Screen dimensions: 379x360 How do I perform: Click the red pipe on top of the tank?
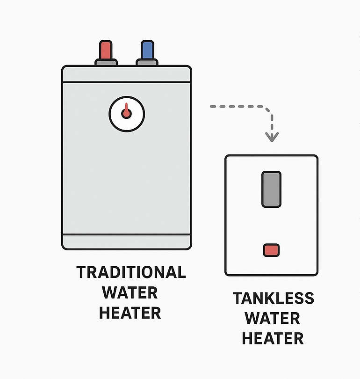coord(106,49)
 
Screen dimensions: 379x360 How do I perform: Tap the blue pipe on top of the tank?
coord(147,49)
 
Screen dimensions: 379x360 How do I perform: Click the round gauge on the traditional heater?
coord(127,114)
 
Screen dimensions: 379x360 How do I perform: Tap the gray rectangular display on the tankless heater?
coord(271,189)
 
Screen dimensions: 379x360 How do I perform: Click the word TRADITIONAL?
coord(131,272)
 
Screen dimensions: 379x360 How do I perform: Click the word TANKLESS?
coord(274,298)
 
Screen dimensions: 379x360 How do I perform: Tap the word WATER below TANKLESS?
coord(273,318)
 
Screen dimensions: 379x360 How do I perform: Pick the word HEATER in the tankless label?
coord(273,338)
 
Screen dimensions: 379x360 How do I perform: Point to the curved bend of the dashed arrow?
coord(267,111)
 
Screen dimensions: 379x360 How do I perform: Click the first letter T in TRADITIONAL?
coord(82,272)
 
